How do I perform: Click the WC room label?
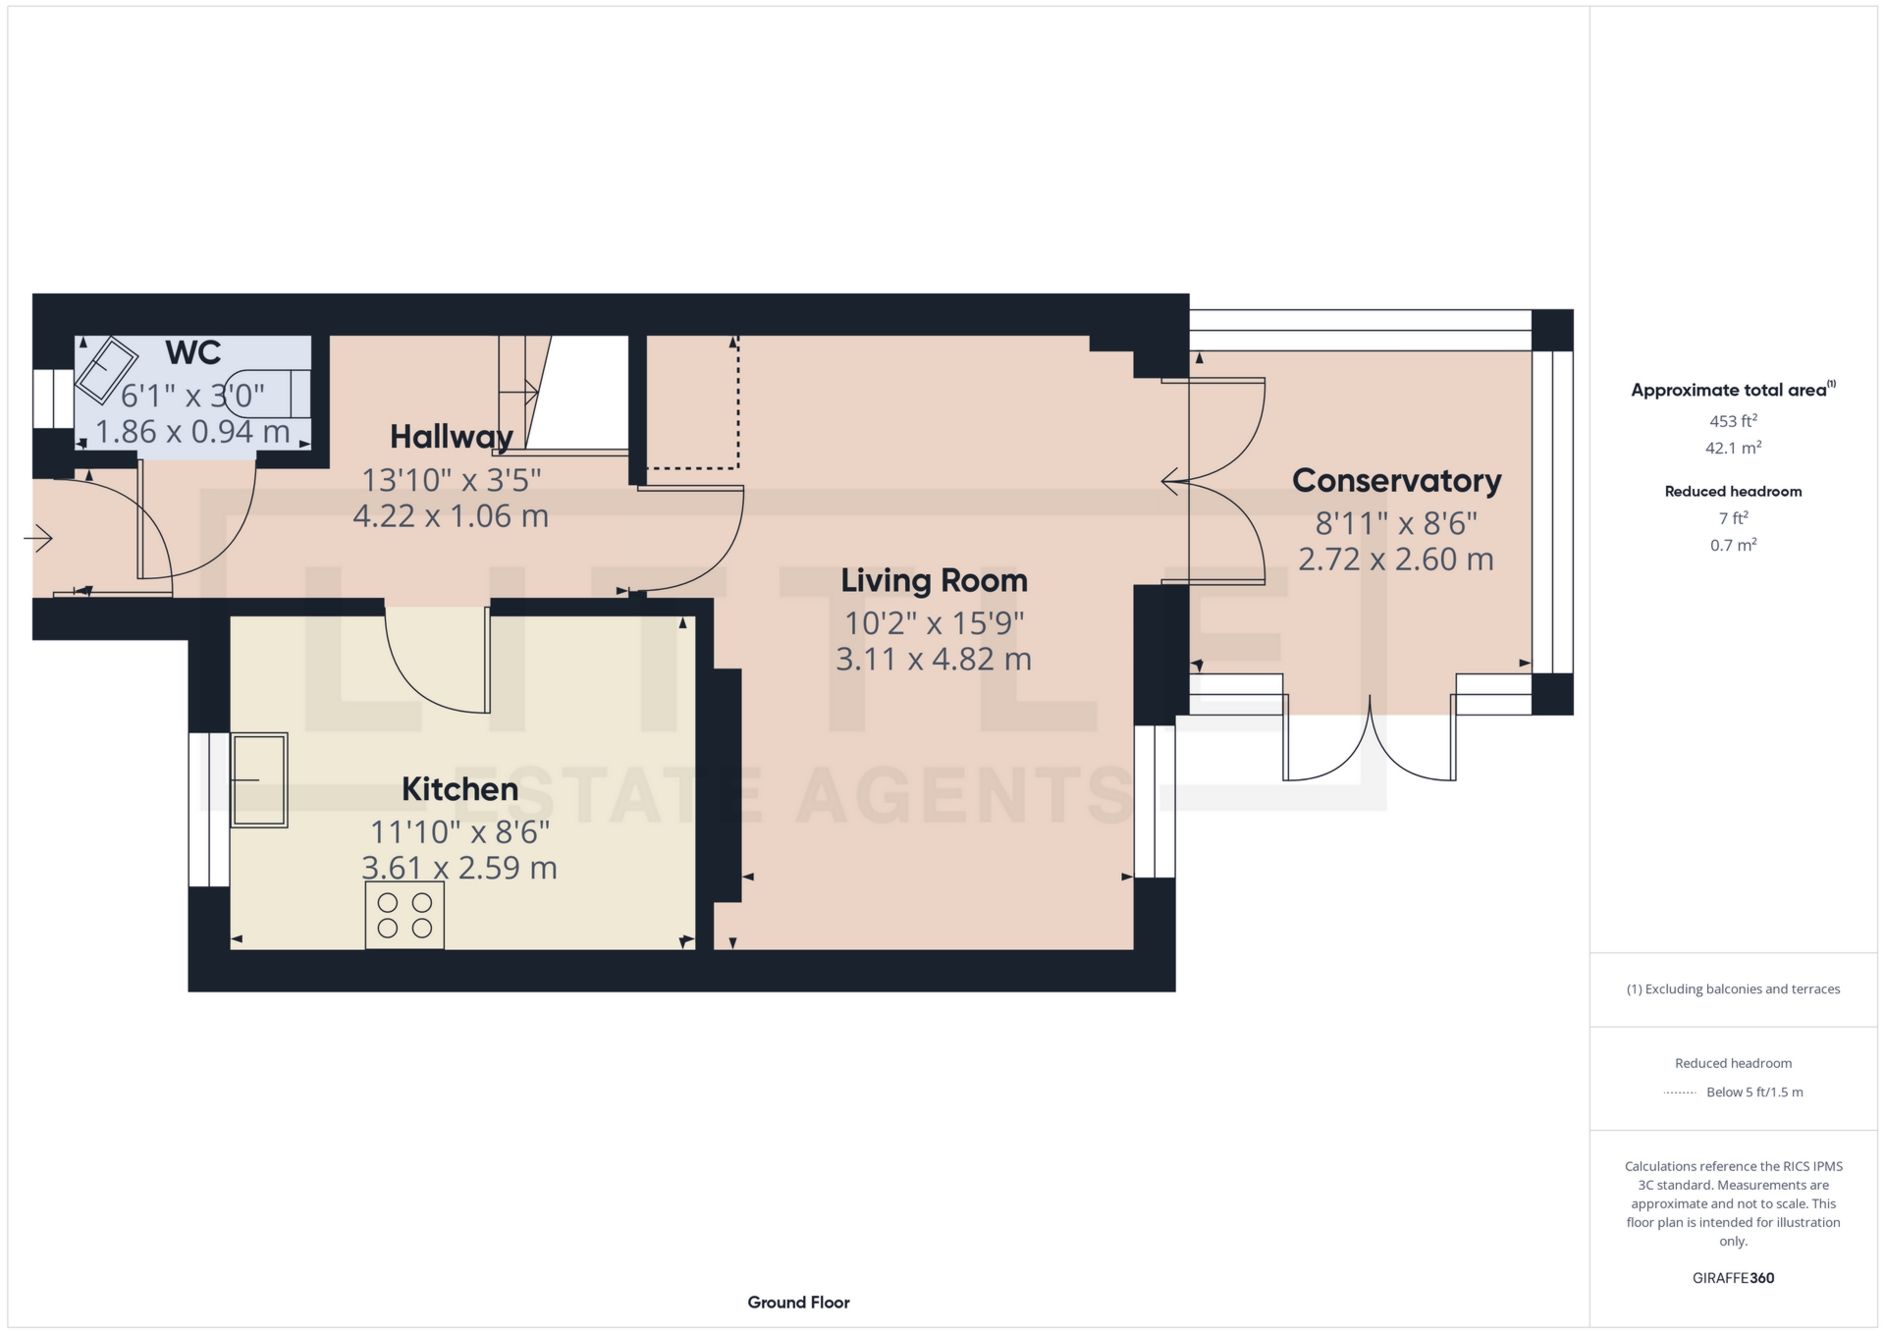pyautogui.click(x=192, y=352)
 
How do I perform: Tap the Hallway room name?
pyautogui.click(x=452, y=437)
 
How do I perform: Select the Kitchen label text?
pyautogui.click(x=459, y=789)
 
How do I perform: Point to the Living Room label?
pyautogui.click(x=934, y=581)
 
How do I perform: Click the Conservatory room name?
pyautogui.click(x=1396, y=481)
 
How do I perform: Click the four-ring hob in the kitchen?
pyautogui.click(x=404, y=915)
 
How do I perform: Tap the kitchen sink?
pyautogui.click(x=259, y=780)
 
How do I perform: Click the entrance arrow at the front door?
pyautogui.click(x=38, y=538)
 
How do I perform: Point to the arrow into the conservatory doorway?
pyautogui.click(x=1175, y=482)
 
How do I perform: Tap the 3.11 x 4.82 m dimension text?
pyautogui.click(x=934, y=659)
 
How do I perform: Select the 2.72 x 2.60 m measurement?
pyautogui.click(x=1396, y=560)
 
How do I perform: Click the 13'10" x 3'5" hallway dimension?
pyautogui.click(x=452, y=480)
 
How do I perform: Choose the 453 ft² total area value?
pyautogui.click(x=1733, y=421)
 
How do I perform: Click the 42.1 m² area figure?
pyautogui.click(x=1733, y=448)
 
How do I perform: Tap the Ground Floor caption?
pyautogui.click(x=798, y=1303)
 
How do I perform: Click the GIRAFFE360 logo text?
pyautogui.click(x=1733, y=1278)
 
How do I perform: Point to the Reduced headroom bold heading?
pyautogui.click(x=1733, y=492)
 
